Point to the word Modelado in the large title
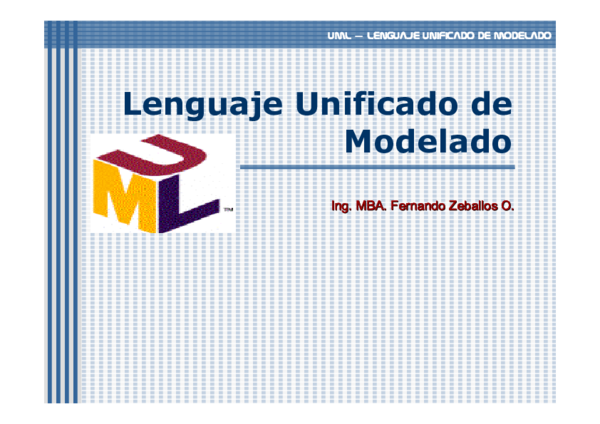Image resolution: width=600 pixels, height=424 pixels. (x=429, y=140)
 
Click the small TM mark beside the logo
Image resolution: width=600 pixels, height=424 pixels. (x=228, y=210)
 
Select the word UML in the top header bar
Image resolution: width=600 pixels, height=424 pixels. (x=338, y=35)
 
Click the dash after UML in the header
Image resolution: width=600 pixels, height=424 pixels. (x=358, y=35)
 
